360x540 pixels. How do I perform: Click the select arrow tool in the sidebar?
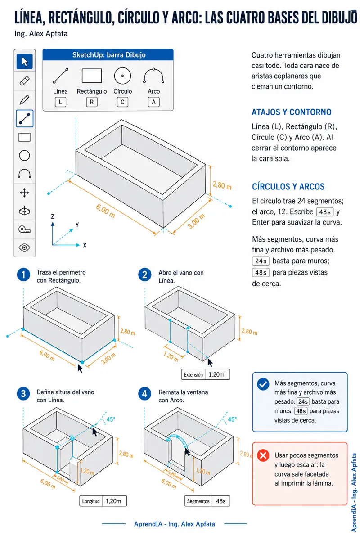(25, 62)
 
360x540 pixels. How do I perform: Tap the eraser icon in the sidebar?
(25, 81)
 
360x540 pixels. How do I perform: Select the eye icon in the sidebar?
(25, 247)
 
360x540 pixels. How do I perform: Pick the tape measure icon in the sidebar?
(25, 229)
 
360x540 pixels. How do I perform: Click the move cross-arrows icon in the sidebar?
(25, 193)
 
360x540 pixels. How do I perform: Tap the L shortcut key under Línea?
(60, 102)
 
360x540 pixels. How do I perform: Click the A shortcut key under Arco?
(153, 102)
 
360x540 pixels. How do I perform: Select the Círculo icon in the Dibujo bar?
(122, 76)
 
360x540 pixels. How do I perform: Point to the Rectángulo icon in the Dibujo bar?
(92, 76)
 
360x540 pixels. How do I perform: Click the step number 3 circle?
(23, 394)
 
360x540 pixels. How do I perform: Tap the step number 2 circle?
(145, 274)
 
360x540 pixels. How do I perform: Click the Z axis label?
(53, 216)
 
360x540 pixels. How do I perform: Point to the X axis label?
(85, 245)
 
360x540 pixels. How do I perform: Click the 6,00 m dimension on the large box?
(105, 211)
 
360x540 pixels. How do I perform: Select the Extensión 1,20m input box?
(206, 374)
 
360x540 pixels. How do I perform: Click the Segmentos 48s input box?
(207, 501)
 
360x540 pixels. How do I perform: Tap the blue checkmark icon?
(263, 384)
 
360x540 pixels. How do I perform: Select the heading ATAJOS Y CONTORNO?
(292, 112)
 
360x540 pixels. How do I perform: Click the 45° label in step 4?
(232, 419)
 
